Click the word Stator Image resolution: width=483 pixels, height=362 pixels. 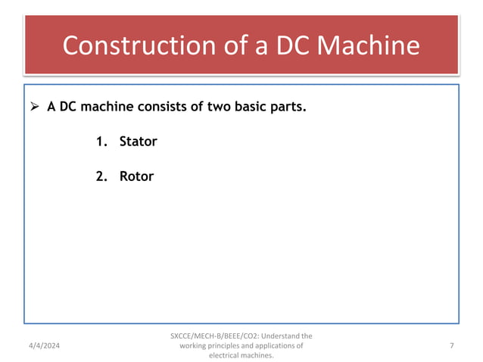(138, 142)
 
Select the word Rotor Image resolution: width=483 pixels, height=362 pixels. (136, 176)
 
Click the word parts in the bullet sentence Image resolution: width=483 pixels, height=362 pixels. (288, 107)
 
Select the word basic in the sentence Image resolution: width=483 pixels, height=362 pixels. (250, 107)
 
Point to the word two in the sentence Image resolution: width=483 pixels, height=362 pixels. (216, 107)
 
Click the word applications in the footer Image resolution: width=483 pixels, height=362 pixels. (272, 346)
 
